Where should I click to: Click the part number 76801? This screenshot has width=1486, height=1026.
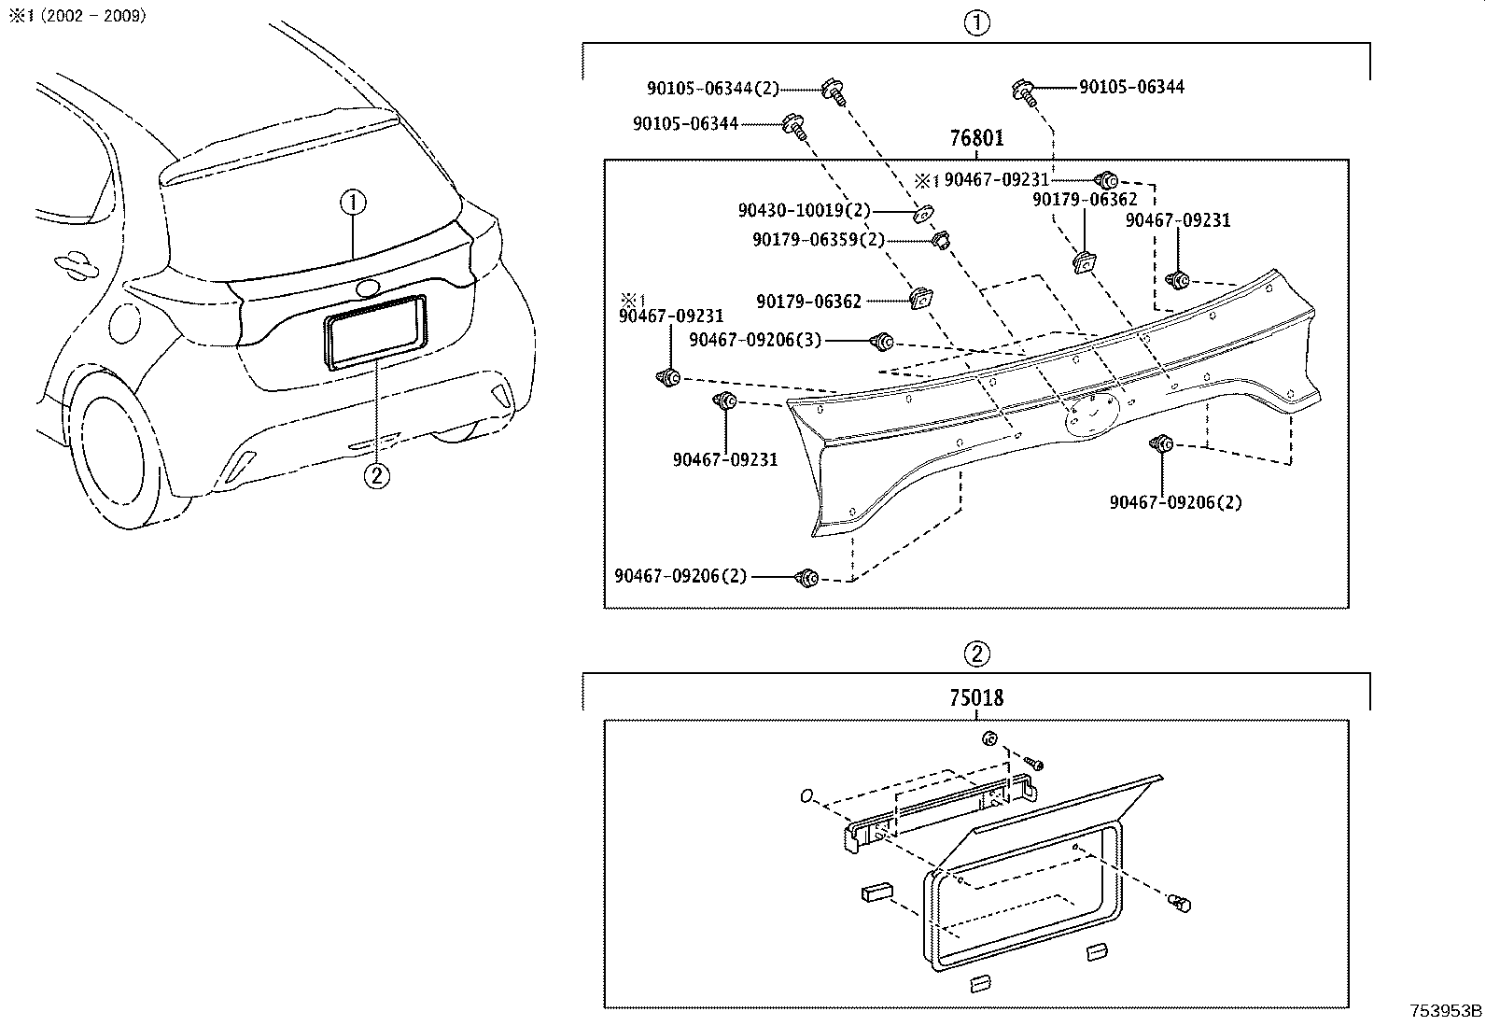click(x=976, y=139)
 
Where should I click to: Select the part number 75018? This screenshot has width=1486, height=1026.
click(x=976, y=698)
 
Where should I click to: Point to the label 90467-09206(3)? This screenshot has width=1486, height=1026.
click(x=755, y=341)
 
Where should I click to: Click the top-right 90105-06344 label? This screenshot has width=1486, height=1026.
click(x=1131, y=87)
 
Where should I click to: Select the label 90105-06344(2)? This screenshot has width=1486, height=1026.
click(x=712, y=89)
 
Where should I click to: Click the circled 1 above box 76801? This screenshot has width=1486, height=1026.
click(x=976, y=24)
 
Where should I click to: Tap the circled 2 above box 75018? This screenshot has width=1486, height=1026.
click(x=976, y=654)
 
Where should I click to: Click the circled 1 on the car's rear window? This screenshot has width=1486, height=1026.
click(x=353, y=202)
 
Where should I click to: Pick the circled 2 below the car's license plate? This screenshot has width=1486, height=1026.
click(x=374, y=476)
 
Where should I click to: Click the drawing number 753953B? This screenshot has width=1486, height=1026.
click(x=1446, y=1011)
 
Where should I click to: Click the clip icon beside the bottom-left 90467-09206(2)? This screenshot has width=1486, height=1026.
click(x=806, y=578)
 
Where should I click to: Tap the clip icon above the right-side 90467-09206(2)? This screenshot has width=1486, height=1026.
click(x=1163, y=445)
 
